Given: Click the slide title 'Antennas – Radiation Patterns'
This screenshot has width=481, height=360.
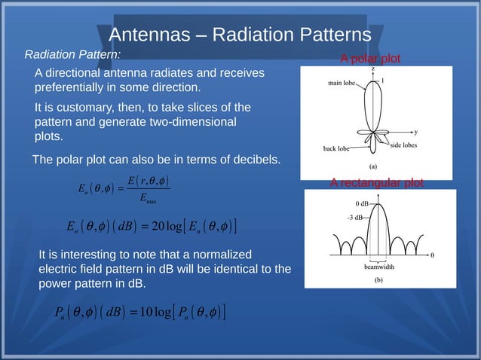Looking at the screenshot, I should point(240,35).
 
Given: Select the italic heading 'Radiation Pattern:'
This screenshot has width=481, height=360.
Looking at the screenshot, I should point(72,55).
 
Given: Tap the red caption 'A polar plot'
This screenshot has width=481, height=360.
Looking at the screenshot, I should point(371,59).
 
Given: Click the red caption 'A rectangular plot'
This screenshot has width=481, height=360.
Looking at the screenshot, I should point(377,183).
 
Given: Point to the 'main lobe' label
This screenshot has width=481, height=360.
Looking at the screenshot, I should point(341,84).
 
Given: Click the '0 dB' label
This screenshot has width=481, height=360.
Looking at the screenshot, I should point(362,203).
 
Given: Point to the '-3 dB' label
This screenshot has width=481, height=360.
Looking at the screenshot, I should point(355,217).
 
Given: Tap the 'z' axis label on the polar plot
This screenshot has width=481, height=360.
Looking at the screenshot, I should point(372,69).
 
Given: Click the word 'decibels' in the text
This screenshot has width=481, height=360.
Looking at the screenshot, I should point(251,160).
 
